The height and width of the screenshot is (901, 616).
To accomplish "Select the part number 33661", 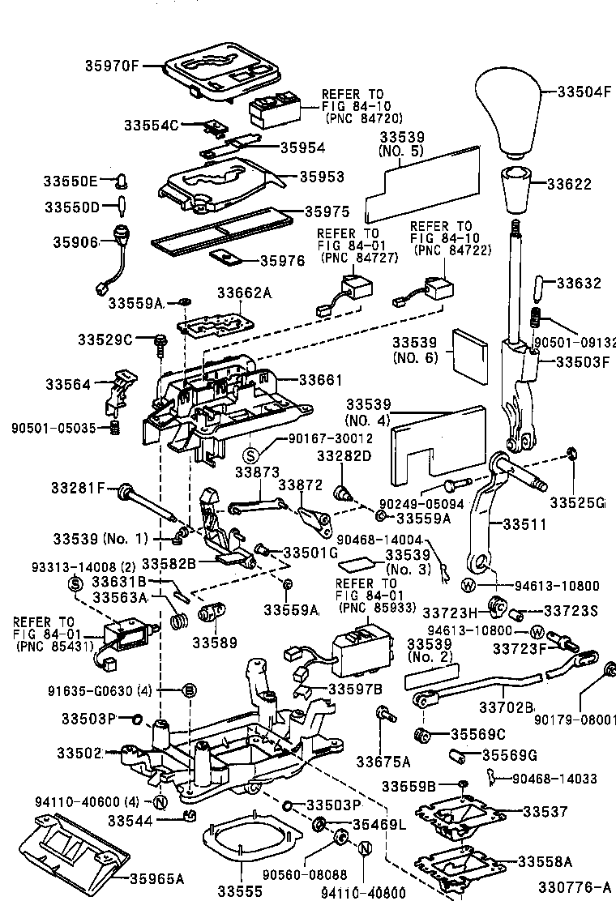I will point(320,380).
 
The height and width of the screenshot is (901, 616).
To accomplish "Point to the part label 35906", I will point(75,241).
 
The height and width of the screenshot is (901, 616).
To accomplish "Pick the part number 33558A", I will point(545,861).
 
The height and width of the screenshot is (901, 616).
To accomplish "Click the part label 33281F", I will point(79,488).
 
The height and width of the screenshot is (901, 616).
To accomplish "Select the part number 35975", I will point(327,211).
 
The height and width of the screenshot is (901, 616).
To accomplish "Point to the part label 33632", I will point(579,284).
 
